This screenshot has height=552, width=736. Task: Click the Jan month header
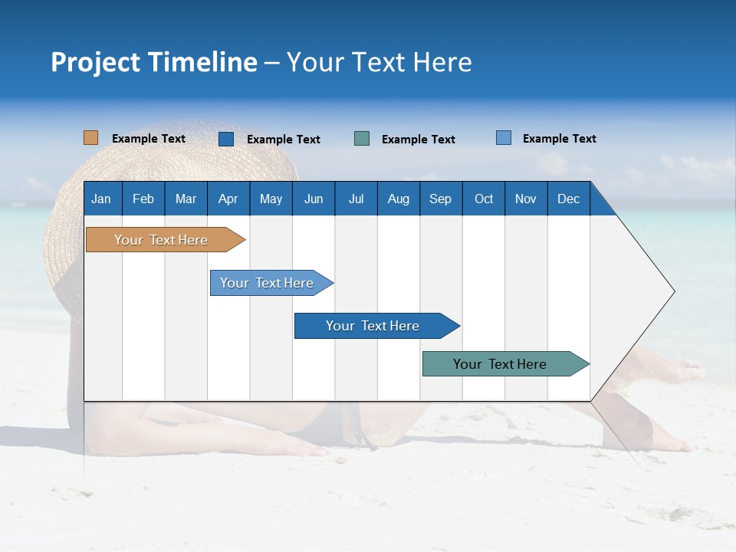point(102,199)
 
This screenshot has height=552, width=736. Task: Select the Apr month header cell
point(228,199)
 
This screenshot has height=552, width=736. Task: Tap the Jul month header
point(356,199)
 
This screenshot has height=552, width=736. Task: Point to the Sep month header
point(441,199)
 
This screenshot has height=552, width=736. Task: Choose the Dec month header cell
point(568,199)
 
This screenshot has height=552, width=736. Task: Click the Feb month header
point(143,199)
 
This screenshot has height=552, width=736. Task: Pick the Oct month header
point(484,199)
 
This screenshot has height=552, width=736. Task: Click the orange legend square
point(90,138)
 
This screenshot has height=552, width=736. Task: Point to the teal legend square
point(362,139)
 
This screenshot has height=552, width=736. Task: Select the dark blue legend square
point(226,139)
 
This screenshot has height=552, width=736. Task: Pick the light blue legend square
point(504,138)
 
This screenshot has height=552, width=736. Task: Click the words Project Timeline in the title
point(154,62)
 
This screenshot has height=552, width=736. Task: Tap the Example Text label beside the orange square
point(149,139)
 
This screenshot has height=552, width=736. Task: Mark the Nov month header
point(526,199)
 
